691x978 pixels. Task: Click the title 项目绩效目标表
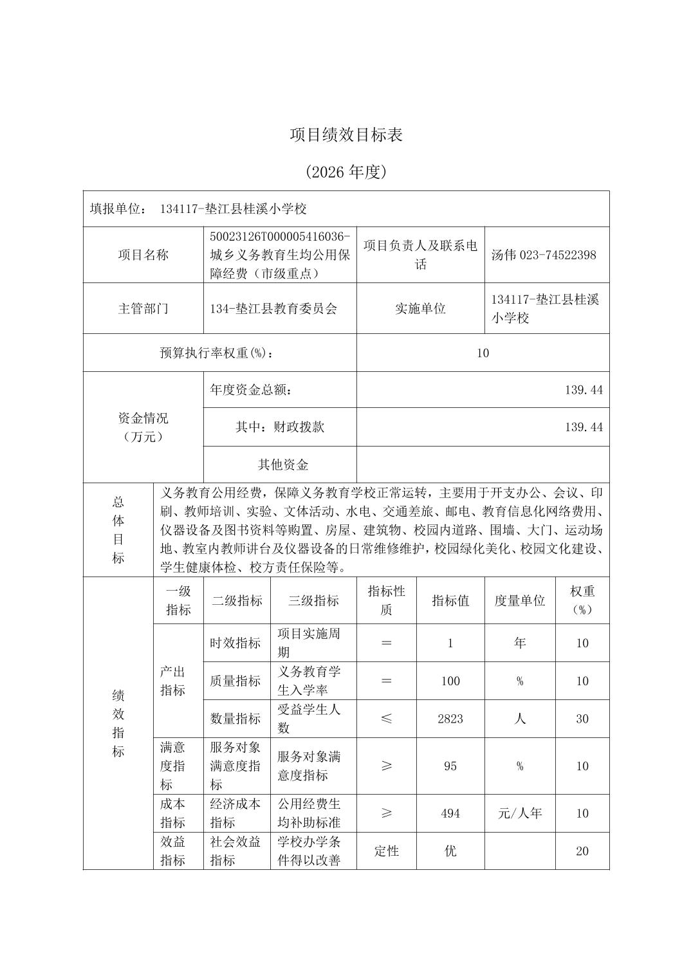(345, 135)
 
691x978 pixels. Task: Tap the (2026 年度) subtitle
(345, 172)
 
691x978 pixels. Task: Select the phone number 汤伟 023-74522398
(544, 255)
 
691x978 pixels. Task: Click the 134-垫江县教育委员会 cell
(273, 308)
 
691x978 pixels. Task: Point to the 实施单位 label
(420, 308)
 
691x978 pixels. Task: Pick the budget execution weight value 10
(483, 353)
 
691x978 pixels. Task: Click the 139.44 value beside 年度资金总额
(584, 390)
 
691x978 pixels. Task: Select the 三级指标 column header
(313, 600)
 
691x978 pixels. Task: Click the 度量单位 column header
(519, 600)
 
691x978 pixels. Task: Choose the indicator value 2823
(450, 719)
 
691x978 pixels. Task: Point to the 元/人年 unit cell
(520, 813)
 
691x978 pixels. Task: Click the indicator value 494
(450, 813)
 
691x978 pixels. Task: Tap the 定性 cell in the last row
(386, 851)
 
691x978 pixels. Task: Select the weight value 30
(582, 719)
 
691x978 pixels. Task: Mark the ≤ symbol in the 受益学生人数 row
(386, 719)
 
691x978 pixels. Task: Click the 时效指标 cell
(235, 643)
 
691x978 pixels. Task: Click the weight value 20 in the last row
(582, 851)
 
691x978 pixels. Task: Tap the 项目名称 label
(143, 255)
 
